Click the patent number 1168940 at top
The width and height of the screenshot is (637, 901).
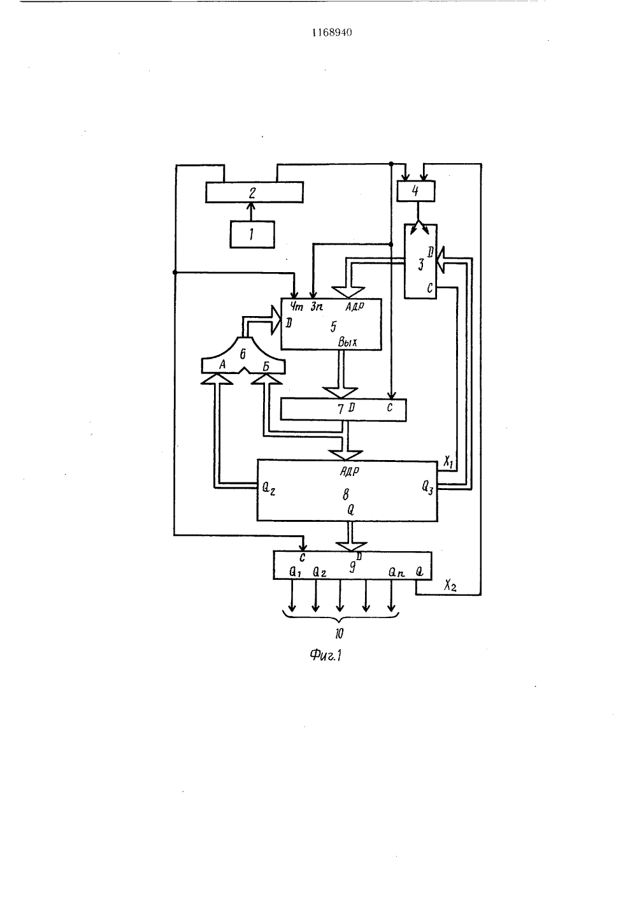pyautogui.click(x=332, y=32)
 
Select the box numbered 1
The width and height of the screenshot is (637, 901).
pyautogui.click(x=252, y=234)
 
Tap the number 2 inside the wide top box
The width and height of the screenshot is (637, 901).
pyautogui.click(x=252, y=193)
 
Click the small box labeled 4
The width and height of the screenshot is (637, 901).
pyautogui.click(x=416, y=191)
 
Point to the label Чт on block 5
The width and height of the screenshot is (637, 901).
pyautogui.click(x=296, y=307)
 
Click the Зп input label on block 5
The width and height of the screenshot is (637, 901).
pyautogui.click(x=317, y=307)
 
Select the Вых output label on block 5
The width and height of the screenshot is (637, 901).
pyautogui.click(x=347, y=342)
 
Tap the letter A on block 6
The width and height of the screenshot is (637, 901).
pyautogui.click(x=222, y=364)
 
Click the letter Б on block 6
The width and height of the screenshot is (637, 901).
pyautogui.click(x=266, y=366)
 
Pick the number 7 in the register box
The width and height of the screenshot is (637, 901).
pyautogui.click(x=340, y=409)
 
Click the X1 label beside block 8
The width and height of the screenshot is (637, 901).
pyautogui.click(x=448, y=462)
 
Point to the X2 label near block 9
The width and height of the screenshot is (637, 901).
pyautogui.click(x=450, y=586)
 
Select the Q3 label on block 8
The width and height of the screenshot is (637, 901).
pyautogui.click(x=427, y=488)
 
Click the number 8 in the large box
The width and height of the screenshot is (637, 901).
pyautogui.click(x=345, y=494)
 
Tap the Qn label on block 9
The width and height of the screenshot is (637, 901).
pyautogui.click(x=396, y=572)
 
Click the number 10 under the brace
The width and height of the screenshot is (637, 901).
pyautogui.click(x=339, y=633)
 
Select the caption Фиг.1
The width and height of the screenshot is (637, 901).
pyautogui.click(x=326, y=656)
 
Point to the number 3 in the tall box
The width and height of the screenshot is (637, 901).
pyautogui.click(x=420, y=264)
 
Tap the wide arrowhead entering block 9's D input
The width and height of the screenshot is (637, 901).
pyautogui.click(x=351, y=546)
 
